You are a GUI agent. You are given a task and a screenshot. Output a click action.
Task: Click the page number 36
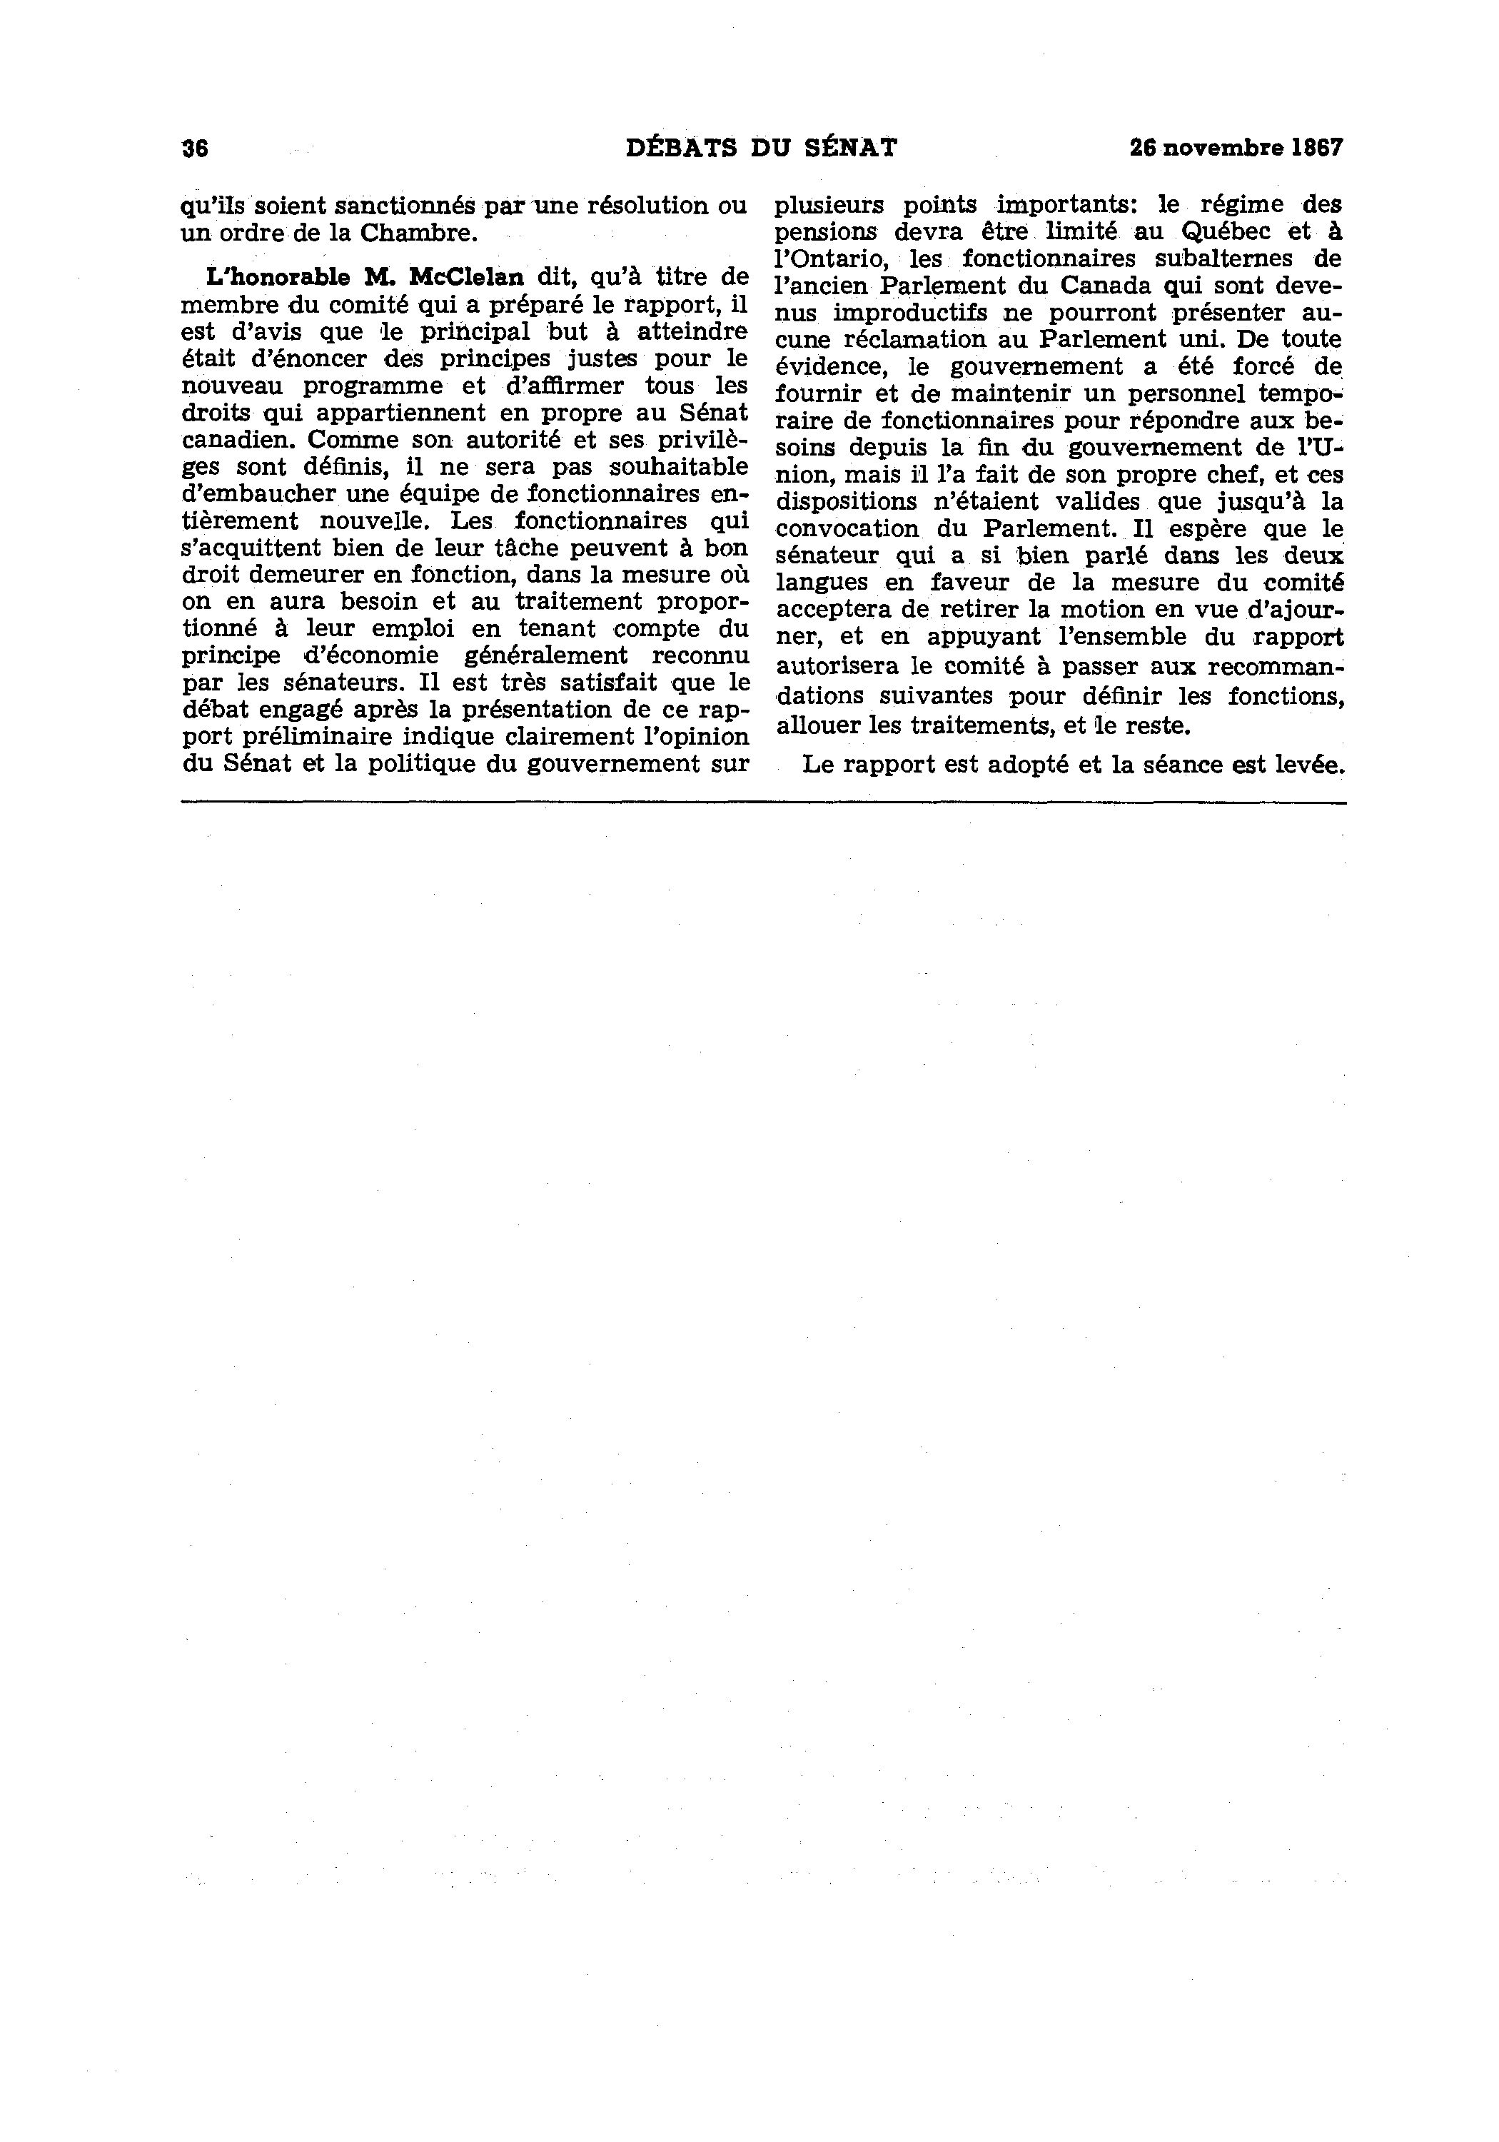pos(195,149)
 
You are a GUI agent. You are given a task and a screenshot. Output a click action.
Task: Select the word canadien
pos(237,439)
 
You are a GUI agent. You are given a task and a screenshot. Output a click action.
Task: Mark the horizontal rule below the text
pos(763,801)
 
